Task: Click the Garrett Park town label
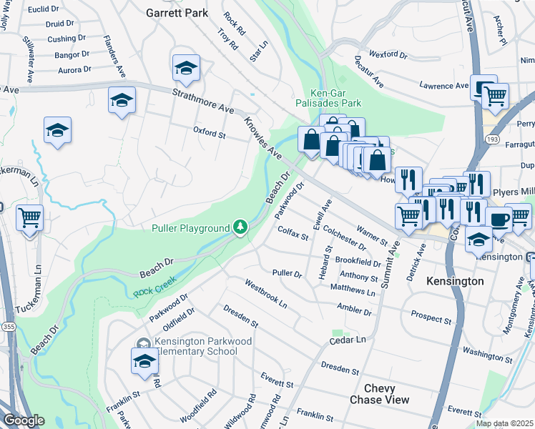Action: [x=177, y=13]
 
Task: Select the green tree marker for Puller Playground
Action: [x=242, y=228]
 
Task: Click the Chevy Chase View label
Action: [x=379, y=393]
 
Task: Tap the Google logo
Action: [x=23, y=421]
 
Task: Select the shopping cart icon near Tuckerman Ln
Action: [x=30, y=217]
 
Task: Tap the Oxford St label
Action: [x=210, y=133]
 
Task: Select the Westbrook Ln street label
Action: [x=265, y=293]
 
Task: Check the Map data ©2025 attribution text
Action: [x=505, y=423]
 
